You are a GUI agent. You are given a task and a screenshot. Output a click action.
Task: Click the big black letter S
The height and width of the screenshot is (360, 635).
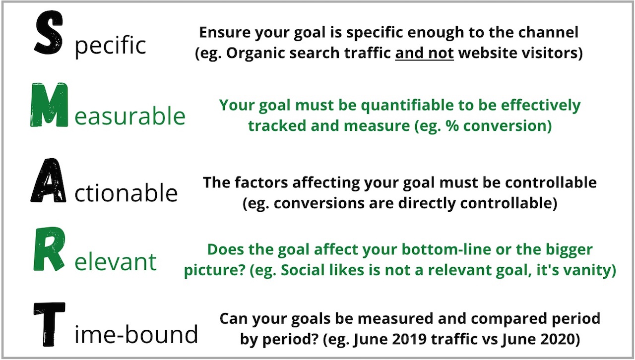click(49, 33)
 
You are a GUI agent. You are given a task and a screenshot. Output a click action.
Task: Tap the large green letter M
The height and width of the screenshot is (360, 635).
click(49, 105)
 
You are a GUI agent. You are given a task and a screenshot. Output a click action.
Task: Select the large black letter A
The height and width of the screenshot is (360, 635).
click(49, 180)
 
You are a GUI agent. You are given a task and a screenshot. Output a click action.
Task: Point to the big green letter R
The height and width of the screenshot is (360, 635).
click(49, 249)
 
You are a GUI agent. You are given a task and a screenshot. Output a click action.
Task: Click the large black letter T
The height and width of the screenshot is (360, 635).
click(49, 324)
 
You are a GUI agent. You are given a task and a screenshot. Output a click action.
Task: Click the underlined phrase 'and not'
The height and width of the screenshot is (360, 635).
click(424, 53)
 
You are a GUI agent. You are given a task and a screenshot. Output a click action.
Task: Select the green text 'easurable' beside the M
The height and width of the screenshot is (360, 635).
click(130, 116)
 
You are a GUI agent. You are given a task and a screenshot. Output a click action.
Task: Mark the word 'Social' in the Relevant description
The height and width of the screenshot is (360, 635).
click(302, 270)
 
